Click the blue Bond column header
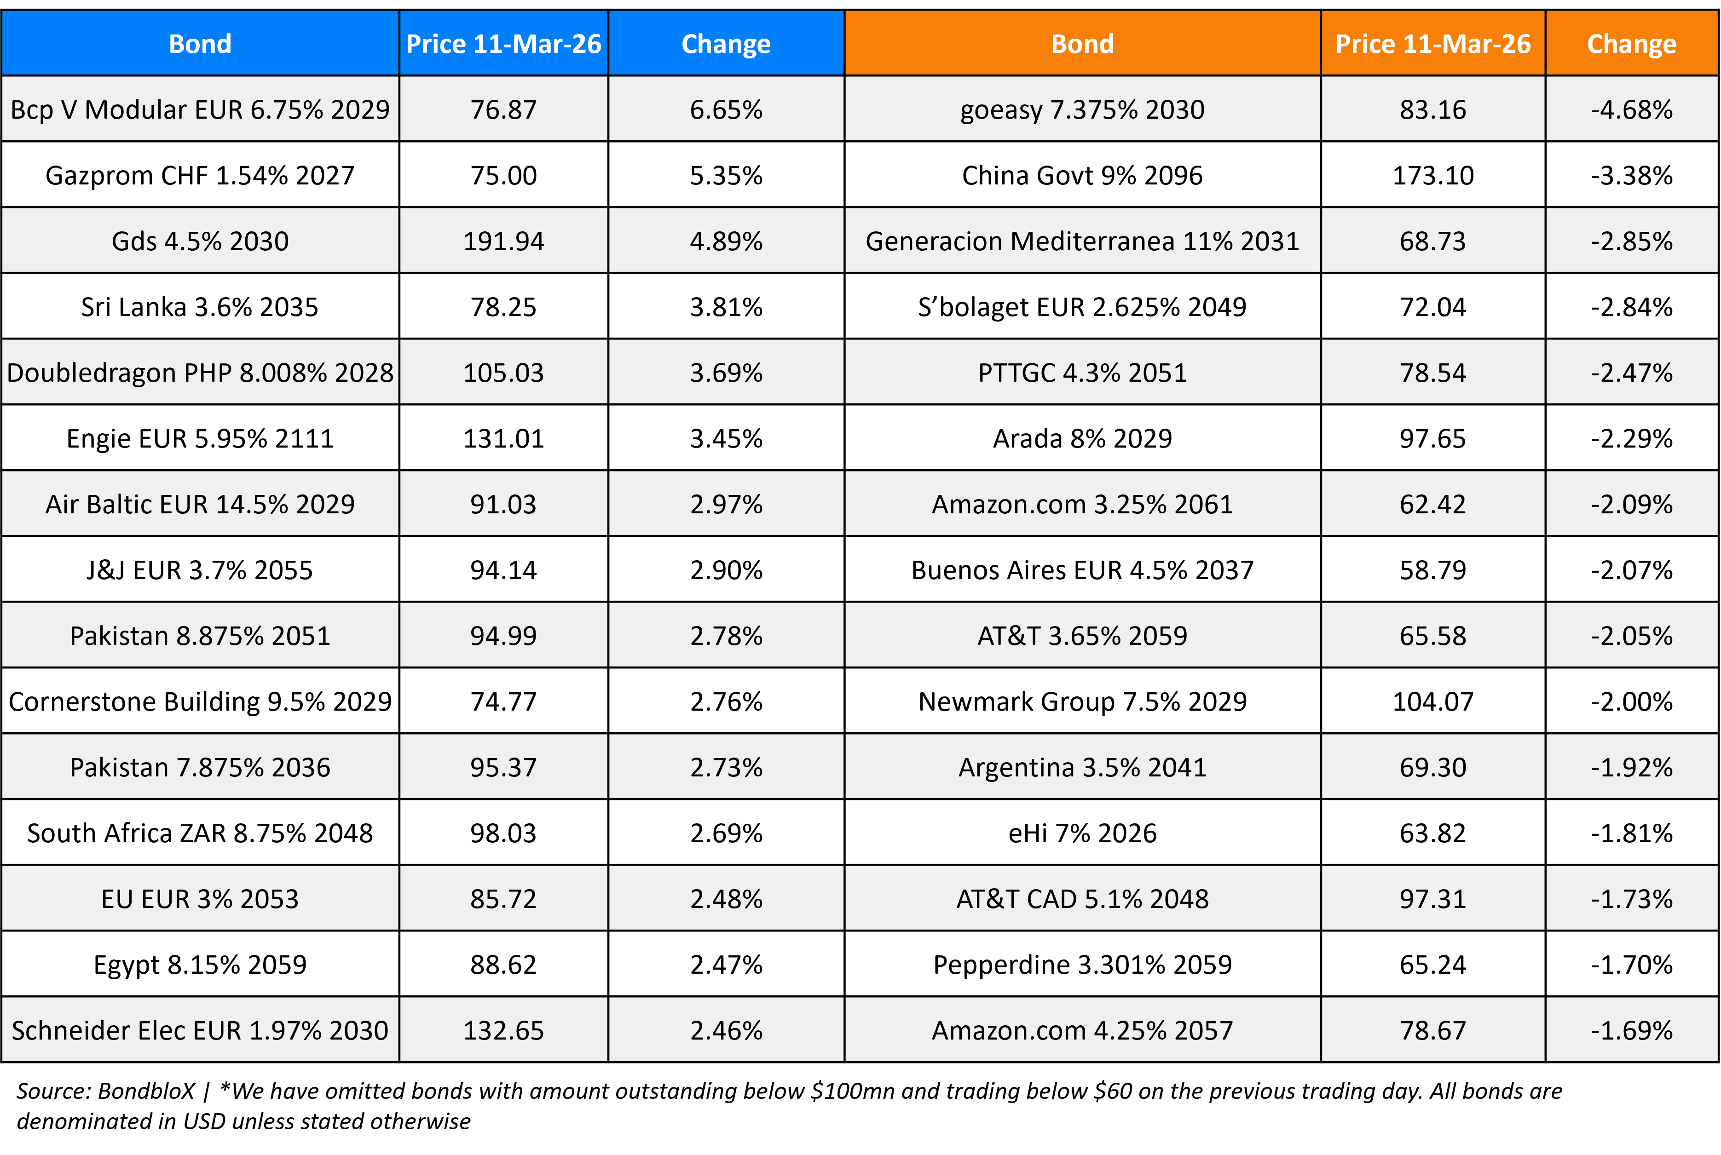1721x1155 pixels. coord(200,43)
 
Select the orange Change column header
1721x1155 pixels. coord(1631,43)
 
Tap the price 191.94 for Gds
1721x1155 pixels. coord(503,241)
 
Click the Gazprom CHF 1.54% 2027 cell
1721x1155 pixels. coord(200,175)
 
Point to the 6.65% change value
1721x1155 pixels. coord(726,110)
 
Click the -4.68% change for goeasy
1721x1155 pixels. coord(1631,110)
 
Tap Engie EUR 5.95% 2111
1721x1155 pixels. coord(200,438)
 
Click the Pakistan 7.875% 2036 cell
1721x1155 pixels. coord(200,767)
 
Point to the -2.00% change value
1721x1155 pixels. coord(1631,701)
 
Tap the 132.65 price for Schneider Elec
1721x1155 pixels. coord(503,1030)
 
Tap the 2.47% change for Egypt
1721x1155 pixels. coord(726,964)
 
